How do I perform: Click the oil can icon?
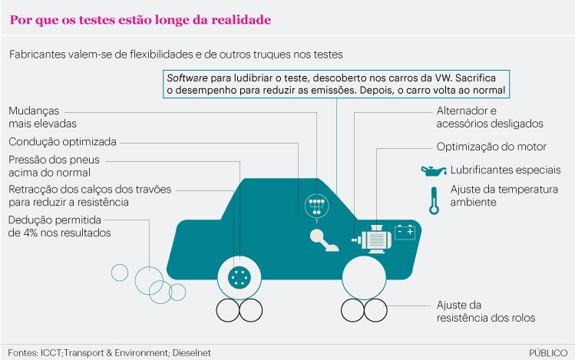(434, 171)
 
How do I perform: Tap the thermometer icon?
(435, 201)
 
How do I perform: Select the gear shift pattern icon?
(316, 207)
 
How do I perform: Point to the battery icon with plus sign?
(405, 232)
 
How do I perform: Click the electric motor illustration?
(372, 239)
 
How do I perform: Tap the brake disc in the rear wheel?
(239, 277)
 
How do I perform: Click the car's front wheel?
(364, 278)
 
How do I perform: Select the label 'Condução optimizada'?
(62, 142)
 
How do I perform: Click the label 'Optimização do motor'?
(491, 147)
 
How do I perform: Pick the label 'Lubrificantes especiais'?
(506, 170)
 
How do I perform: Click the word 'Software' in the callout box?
(187, 78)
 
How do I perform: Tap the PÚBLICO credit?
(548, 353)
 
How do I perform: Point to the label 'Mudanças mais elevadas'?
(42, 117)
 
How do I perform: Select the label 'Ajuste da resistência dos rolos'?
(486, 311)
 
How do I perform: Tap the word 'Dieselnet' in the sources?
(191, 353)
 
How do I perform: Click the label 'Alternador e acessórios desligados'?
(490, 117)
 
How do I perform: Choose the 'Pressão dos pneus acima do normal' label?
(54, 166)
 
